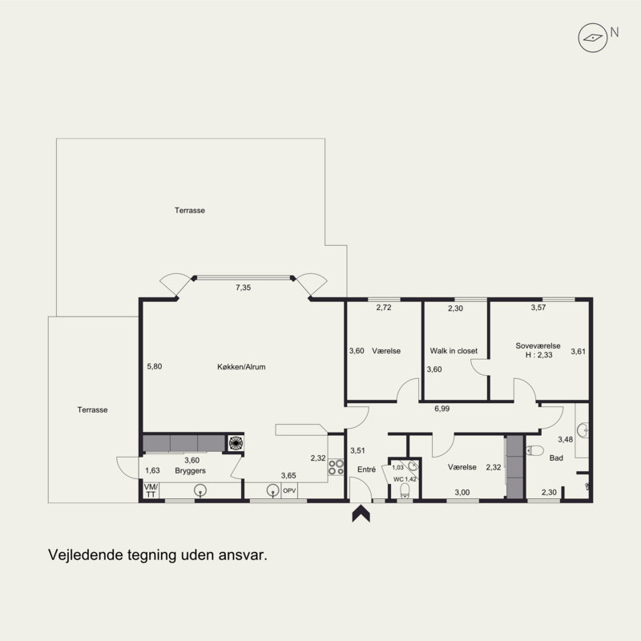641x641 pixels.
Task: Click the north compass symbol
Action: click(592, 38)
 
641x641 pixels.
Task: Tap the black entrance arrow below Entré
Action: click(361, 514)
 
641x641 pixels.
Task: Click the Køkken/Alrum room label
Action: click(241, 367)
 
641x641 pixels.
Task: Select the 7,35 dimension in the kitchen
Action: click(244, 288)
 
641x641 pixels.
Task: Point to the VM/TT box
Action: click(151, 490)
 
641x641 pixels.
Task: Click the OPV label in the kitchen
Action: click(289, 490)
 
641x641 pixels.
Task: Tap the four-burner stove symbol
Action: click(336, 467)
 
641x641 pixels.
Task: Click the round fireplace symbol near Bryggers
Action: click(236, 443)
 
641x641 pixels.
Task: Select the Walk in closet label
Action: click(454, 351)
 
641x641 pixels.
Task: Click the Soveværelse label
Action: click(538, 345)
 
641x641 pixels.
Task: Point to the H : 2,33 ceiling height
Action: click(538, 355)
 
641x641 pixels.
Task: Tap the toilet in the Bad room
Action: click(534, 450)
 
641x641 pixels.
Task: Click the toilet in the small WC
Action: click(405, 490)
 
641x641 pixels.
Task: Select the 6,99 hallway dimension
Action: click(442, 409)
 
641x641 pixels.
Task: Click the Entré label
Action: click(366, 470)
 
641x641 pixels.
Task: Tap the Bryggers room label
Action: click(190, 470)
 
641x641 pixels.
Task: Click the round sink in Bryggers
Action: click(200, 490)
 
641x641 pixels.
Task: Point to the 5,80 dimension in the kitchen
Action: click(155, 366)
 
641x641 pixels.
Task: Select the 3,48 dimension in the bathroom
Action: click(566, 439)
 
